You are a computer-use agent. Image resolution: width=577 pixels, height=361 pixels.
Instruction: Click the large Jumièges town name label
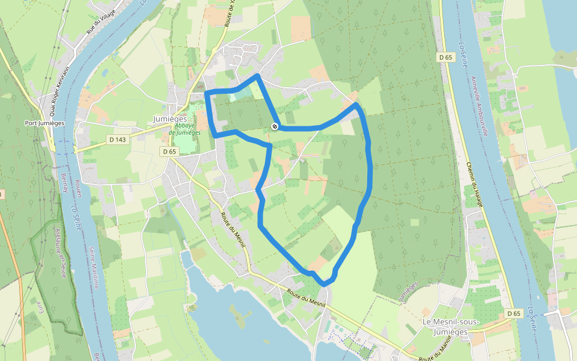(x=171, y=119)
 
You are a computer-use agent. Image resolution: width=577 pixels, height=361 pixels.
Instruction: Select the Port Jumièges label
(x=44, y=123)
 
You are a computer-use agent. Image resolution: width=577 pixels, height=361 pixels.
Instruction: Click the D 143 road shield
(x=118, y=140)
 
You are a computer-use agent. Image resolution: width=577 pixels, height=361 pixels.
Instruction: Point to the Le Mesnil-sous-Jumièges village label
(x=451, y=327)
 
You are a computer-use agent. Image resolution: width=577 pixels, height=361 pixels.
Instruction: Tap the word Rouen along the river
(x=79, y=185)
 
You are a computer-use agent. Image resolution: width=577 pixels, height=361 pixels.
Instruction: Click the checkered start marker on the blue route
(x=274, y=126)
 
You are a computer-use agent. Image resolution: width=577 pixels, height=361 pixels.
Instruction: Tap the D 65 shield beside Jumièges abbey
(x=169, y=152)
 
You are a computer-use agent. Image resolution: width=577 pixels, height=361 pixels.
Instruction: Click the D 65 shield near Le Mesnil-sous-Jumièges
(x=513, y=313)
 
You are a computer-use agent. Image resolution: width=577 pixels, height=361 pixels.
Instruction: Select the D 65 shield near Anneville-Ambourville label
(x=445, y=57)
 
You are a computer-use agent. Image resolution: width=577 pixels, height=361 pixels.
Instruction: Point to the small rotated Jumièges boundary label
(x=408, y=291)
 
